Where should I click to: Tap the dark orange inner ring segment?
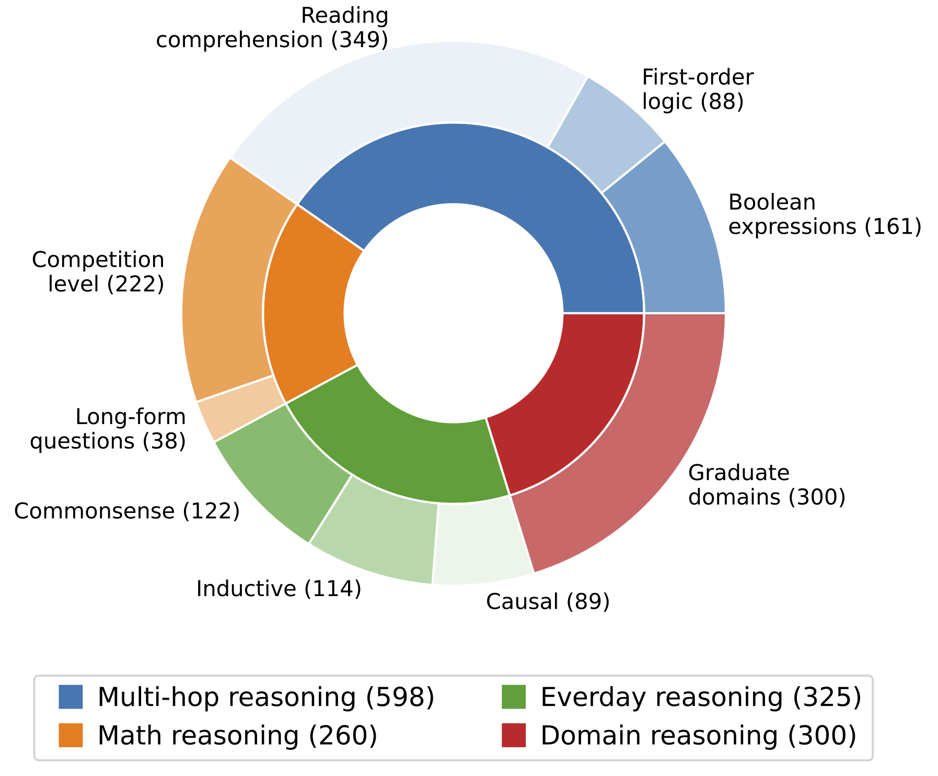point(308,309)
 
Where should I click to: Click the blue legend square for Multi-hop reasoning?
point(71,697)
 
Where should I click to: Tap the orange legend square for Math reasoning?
point(71,735)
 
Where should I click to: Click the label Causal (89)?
point(548,602)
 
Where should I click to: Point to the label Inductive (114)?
point(279,589)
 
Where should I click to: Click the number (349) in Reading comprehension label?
point(360,40)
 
